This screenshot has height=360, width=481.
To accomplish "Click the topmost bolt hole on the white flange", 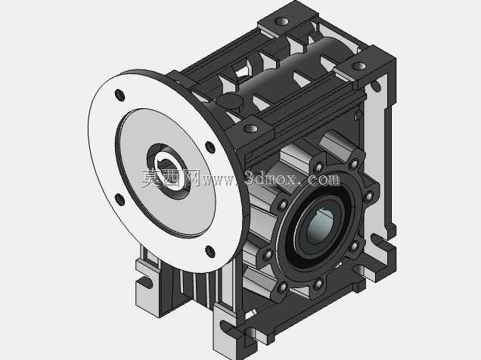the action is (119, 95).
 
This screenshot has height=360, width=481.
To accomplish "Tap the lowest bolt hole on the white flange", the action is (210, 252).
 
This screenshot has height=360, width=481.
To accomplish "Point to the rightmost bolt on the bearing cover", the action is (369, 196).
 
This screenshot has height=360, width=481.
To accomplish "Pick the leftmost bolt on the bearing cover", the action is (268, 255).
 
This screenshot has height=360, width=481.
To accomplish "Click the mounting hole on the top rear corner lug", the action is (281, 21).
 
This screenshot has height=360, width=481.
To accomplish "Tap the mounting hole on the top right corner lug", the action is (359, 66).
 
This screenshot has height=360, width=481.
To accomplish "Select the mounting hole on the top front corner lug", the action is (251, 128).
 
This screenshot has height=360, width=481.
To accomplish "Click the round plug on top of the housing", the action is (230, 101).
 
